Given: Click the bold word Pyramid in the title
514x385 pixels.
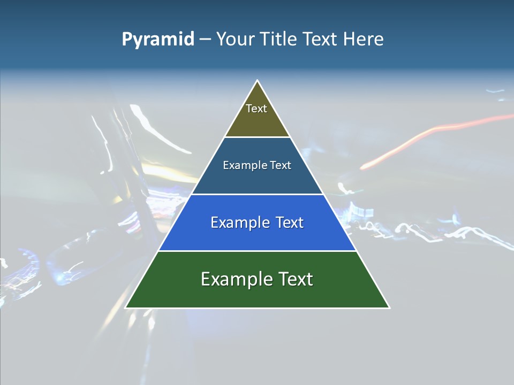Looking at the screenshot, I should [x=158, y=40].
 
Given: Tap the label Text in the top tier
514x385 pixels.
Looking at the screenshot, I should [x=256, y=109].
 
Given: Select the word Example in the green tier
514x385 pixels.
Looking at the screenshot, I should [x=236, y=279].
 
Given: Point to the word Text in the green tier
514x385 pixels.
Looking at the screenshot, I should [x=294, y=279].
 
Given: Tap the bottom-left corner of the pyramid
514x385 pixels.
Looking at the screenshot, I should [x=126, y=307].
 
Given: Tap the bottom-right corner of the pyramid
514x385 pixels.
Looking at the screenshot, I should [x=389, y=307].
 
